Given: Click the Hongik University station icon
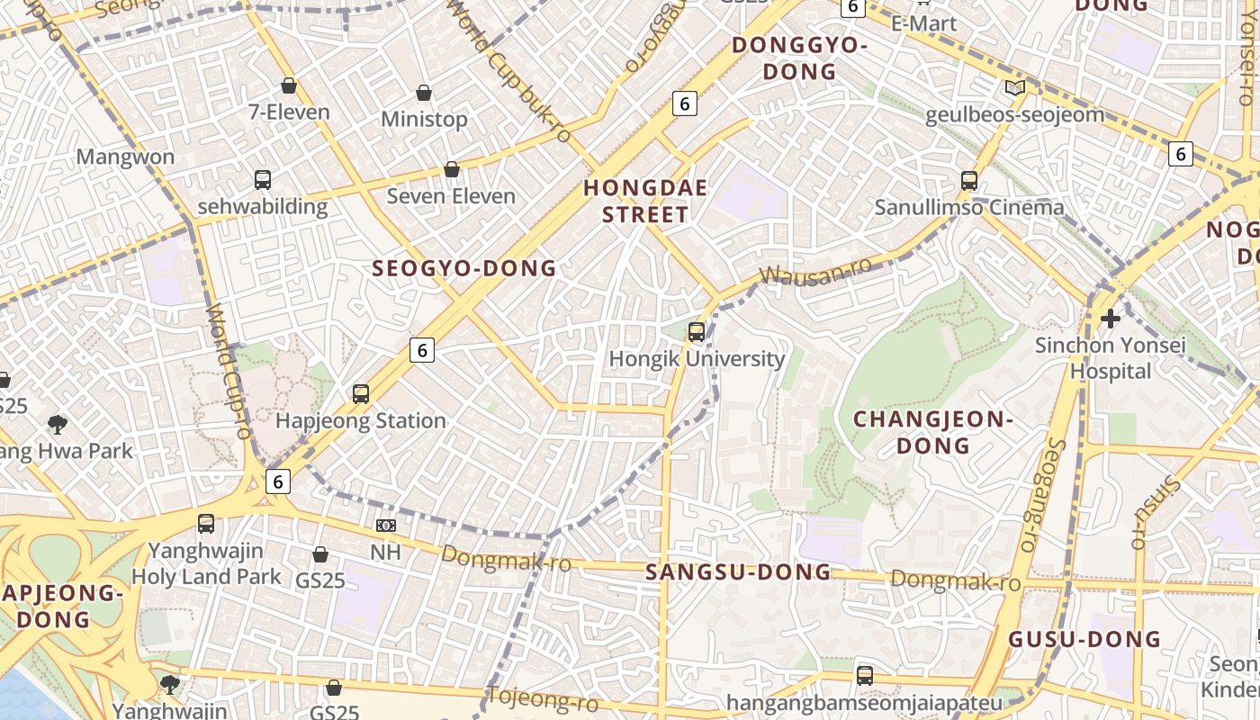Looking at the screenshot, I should point(696,331).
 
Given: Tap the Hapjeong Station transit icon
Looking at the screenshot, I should point(361,393).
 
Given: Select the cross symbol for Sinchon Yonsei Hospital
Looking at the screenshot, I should point(1110,318).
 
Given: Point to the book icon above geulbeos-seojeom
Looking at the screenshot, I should point(1014,88).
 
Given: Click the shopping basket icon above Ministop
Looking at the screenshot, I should point(424,93).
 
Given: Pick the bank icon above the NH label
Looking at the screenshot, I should point(385,525).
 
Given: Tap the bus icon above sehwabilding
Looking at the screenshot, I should point(262,180).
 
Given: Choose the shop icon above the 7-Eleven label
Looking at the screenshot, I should point(289,85).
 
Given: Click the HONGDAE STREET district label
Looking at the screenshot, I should point(645,201).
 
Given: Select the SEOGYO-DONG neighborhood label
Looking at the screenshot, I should point(464,268).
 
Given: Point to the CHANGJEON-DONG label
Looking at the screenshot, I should point(933,432).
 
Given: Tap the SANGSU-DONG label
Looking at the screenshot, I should point(738,571).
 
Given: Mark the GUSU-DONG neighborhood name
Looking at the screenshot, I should point(1084,639).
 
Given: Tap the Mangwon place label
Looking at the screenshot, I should point(125,157).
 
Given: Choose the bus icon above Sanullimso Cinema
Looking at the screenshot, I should point(968,180).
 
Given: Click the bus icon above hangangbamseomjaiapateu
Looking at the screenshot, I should point(864,674).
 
